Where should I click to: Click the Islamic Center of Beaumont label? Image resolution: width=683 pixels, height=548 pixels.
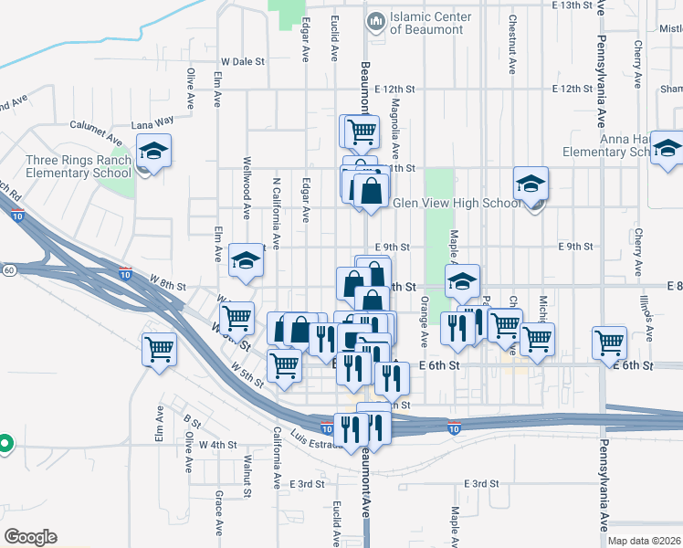[430, 23]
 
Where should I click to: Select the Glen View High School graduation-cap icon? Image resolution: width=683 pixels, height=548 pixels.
[531, 184]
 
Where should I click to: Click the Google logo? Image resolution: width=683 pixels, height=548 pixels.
[30, 537]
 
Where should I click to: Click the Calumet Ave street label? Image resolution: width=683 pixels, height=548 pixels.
[97, 133]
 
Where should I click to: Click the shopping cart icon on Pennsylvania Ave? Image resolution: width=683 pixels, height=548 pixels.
[609, 343]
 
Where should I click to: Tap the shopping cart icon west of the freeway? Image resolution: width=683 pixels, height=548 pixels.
[160, 350]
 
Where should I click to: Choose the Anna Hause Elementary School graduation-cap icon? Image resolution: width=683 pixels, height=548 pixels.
[667, 149]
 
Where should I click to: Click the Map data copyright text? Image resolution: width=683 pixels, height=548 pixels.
[643, 541]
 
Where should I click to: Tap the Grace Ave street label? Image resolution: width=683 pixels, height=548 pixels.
[219, 513]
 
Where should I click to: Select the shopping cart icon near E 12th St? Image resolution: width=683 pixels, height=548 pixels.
[361, 131]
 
